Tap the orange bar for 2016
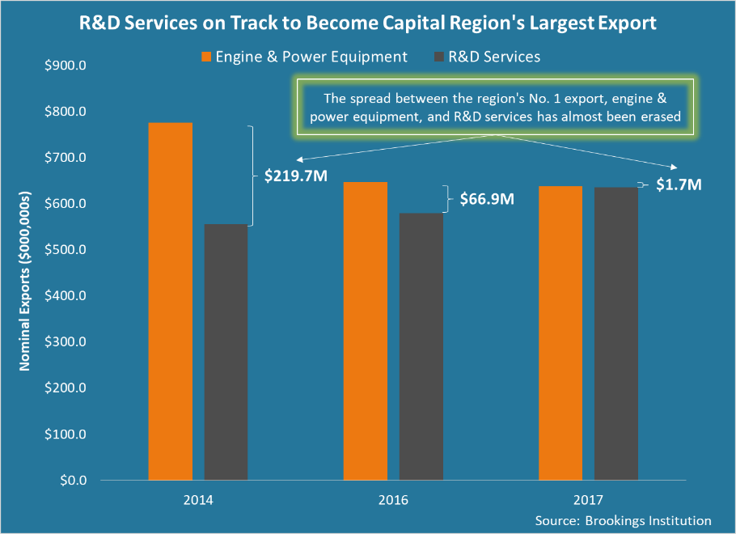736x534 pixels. point(366,331)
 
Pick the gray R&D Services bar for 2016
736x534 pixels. point(421,346)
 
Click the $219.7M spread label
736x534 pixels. point(295,176)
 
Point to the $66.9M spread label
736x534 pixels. point(487,198)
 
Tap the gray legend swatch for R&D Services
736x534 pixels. point(441,57)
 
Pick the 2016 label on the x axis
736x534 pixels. point(393,500)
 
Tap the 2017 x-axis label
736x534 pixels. point(588,500)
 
